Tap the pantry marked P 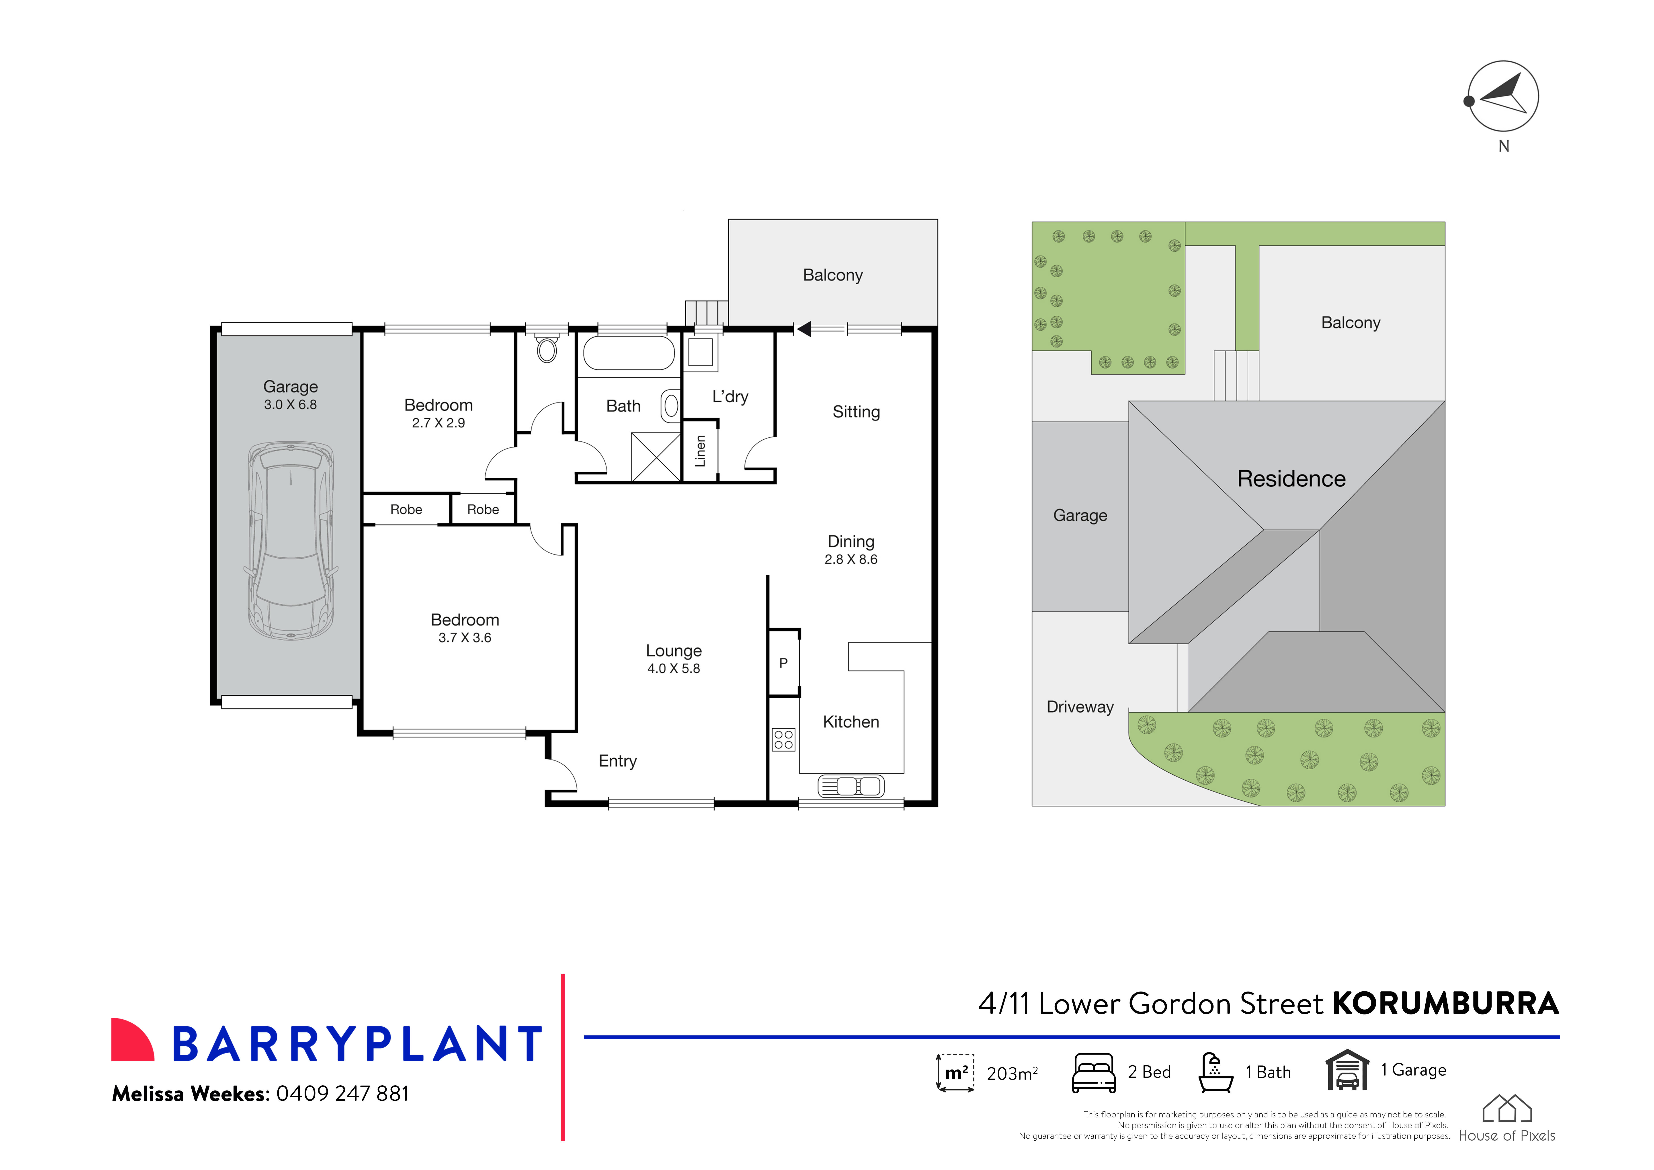(783, 663)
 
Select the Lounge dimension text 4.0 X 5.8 (674, 669)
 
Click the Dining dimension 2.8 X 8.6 (851, 560)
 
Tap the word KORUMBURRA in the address (1445, 1004)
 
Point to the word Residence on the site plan (1291, 479)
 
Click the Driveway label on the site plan (1080, 707)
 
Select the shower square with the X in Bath (656, 457)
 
